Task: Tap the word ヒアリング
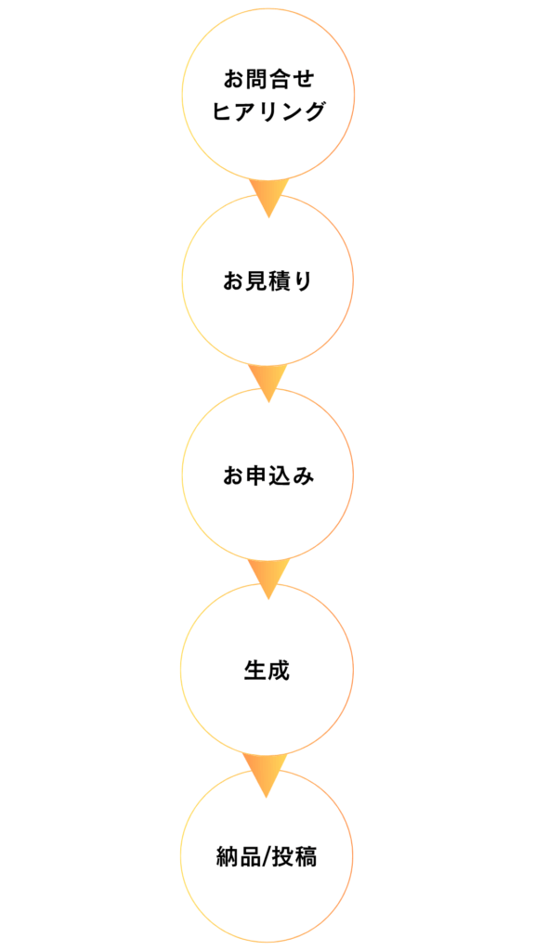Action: coord(268,111)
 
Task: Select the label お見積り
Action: coord(268,281)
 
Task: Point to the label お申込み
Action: coord(268,476)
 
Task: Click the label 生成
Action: coord(267,671)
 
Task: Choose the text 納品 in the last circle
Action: coord(239,857)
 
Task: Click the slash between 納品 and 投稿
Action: coord(267,857)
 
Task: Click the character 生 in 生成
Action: coord(255,671)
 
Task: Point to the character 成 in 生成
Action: coord(279,671)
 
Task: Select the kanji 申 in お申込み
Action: coord(256,476)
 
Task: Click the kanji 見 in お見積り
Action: coord(256,281)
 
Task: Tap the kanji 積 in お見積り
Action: coord(280,281)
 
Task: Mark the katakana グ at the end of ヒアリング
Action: coord(314,111)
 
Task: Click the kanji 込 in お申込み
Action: coord(280,476)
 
